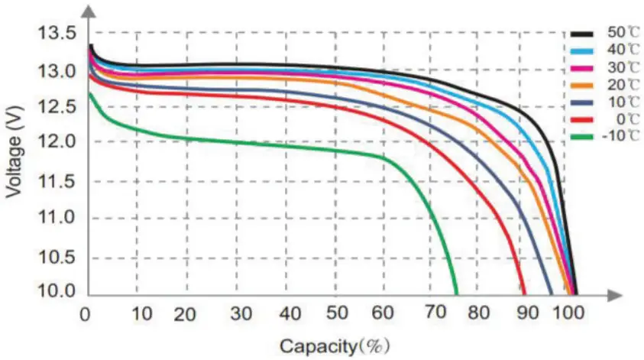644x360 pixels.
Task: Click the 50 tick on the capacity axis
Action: tap(338, 313)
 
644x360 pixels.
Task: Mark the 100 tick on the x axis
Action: tap(569, 313)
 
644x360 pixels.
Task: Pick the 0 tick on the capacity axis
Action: tap(86, 313)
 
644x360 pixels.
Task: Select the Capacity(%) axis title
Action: tap(333, 346)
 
